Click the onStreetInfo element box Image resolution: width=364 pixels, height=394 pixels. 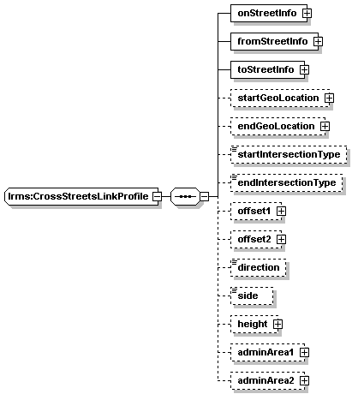point(269,13)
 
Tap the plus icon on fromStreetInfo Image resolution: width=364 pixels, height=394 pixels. point(318,41)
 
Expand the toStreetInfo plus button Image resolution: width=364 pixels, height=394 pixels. point(304,69)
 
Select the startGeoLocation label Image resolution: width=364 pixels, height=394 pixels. point(278,98)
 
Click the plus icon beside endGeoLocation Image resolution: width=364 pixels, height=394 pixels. point(325,126)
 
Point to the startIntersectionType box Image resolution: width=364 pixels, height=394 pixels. point(289,154)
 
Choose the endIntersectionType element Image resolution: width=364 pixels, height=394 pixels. point(286,182)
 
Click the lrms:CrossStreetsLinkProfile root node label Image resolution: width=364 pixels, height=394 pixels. point(78,196)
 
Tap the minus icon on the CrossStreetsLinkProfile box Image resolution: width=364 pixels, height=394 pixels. point(157,196)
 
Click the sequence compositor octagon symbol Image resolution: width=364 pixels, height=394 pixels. point(185,196)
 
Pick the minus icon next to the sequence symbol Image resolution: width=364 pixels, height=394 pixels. point(205,196)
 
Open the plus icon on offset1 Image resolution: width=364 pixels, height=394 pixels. point(282,211)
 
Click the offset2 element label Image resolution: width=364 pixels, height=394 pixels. point(254,239)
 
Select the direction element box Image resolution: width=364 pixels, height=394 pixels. point(258,267)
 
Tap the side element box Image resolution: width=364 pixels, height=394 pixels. point(252,295)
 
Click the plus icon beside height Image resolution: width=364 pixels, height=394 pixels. point(277,324)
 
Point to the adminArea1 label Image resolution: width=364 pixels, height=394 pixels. point(266,352)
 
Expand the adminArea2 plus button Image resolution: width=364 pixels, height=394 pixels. point(305,380)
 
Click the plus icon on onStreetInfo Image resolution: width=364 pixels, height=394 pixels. point(307,13)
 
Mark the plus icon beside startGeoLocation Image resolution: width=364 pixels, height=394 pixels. point(329,98)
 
